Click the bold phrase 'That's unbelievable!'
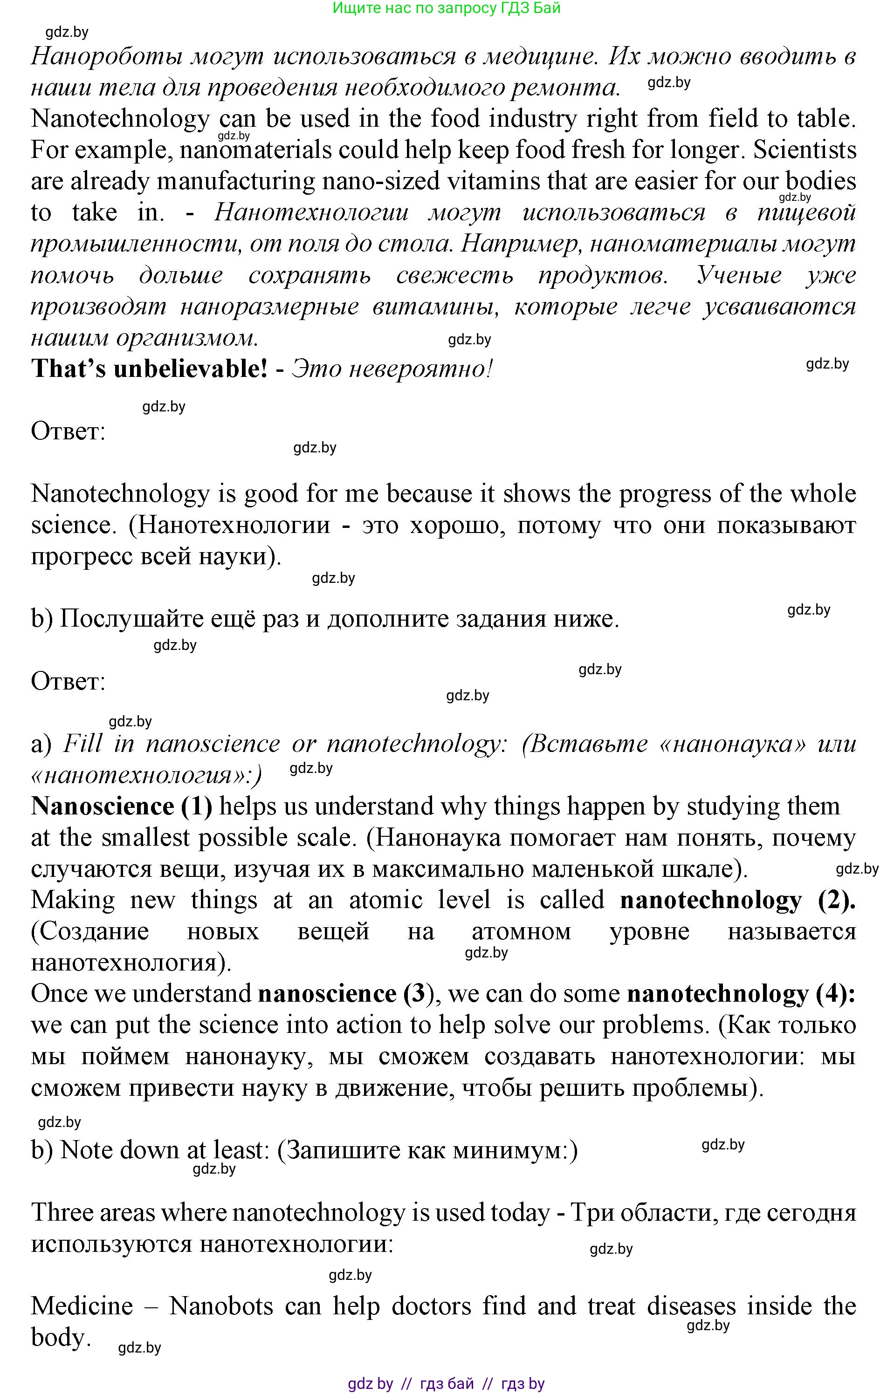coord(149,369)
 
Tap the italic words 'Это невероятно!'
coord(392,369)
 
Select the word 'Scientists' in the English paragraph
coord(805,150)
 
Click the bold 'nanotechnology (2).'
coord(737,900)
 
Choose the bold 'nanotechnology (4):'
coord(741,994)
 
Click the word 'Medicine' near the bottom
coord(82,1306)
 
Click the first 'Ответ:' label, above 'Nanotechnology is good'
coord(68,431)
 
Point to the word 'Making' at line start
coord(73,900)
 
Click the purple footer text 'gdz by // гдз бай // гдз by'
coord(447,1384)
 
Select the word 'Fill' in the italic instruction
coord(83,744)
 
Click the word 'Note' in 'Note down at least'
coord(85,1150)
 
